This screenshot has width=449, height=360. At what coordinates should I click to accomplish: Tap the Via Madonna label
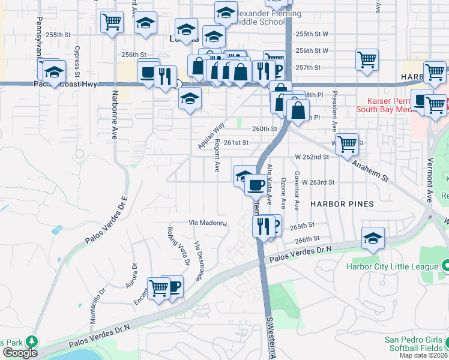tap(208, 223)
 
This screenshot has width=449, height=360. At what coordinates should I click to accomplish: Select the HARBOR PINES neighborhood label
tap(342, 204)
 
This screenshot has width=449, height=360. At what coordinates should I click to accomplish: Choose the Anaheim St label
tap(370, 170)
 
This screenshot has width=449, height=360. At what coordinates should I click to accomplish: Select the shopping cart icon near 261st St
tap(348, 143)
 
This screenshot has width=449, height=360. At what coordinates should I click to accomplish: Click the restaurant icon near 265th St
tap(262, 226)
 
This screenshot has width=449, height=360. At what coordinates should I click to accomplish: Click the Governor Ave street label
tap(297, 190)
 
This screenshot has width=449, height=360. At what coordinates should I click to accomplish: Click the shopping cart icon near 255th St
tap(112, 22)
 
